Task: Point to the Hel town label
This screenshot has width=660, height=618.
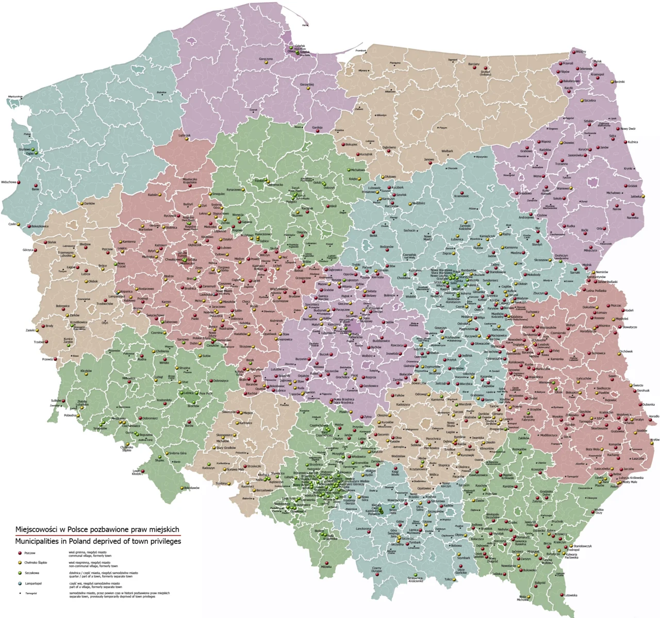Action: (305, 25)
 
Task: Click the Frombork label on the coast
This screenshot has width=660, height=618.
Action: (360, 51)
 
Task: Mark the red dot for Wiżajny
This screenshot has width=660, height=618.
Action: (572, 52)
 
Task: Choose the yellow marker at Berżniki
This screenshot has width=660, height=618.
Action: (612, 82)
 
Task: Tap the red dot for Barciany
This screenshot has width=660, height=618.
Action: (473, 68)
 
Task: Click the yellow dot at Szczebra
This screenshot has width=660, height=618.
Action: (582, 101)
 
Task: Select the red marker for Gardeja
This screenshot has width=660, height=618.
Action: (317, 131)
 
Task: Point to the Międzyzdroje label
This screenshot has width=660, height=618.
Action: (15, 96)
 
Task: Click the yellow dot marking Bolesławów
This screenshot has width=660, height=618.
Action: (182, 488)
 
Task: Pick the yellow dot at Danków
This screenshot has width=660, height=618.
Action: (82, 204)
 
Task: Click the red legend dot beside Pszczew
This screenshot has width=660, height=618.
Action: (20, 553)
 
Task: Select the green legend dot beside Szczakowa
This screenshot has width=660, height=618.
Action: (20, 573)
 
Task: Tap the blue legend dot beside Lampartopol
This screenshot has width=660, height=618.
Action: (20, 583)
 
